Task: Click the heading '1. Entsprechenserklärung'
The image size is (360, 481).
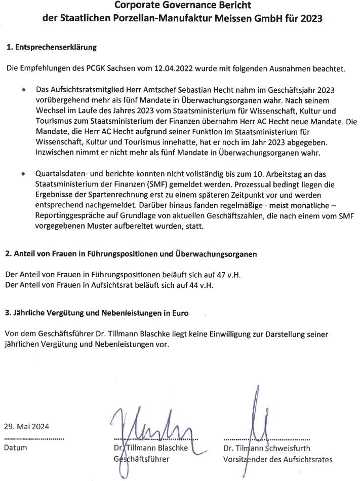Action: coord(51,48)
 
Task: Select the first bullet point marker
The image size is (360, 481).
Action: coord(24,89)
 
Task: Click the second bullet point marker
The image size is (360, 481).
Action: coord(24,173)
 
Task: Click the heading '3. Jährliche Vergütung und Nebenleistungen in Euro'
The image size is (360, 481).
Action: coord(96,313)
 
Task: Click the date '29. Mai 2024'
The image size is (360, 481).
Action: coord(26,426)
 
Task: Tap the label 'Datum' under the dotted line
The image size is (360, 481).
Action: coord(15,448)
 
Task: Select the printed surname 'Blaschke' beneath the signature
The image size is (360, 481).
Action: coord(172,448)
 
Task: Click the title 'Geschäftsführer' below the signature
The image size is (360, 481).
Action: coord(141,459)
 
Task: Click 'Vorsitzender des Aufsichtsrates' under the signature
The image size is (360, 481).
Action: coord(277,460)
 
